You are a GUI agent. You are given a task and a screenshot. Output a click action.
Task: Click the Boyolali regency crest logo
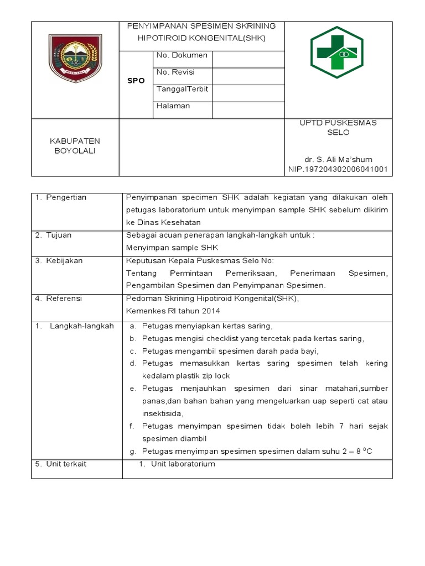pos(75,59)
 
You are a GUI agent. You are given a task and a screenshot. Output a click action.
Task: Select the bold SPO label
pos(136,81)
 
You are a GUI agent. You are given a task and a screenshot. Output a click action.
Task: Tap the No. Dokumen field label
pos(182,55)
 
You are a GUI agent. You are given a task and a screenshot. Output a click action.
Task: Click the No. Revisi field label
pos(176,72)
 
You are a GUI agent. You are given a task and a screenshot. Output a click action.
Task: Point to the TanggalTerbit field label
pos(183,90)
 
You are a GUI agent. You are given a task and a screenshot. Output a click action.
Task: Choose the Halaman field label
pos(173,106)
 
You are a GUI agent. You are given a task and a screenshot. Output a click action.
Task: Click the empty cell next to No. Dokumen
pos(248,60)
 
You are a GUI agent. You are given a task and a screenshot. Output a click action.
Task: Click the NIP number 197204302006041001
pos(338,170)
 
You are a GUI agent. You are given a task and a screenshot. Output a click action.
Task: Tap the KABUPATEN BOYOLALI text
pos(75,146)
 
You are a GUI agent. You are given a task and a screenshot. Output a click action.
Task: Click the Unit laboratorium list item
pos(183,464)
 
